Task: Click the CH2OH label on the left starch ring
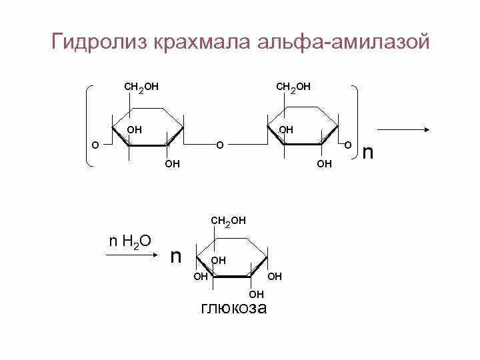(x=142, y=87)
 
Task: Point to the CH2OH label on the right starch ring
(x=294, y=87)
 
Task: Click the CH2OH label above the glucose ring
(x=229, y=220)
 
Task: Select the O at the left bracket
(x=95, y=144)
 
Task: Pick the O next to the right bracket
(x=347, y=144)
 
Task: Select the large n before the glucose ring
(x=176, y=256)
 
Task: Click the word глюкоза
(x=233, y=308)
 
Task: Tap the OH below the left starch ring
(x=172, y=163)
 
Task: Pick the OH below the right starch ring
(x=324, y=163)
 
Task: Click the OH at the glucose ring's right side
(x=275, y=276)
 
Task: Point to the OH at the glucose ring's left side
(x=201, y=276)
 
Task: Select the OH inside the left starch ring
(x=135, y=129)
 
